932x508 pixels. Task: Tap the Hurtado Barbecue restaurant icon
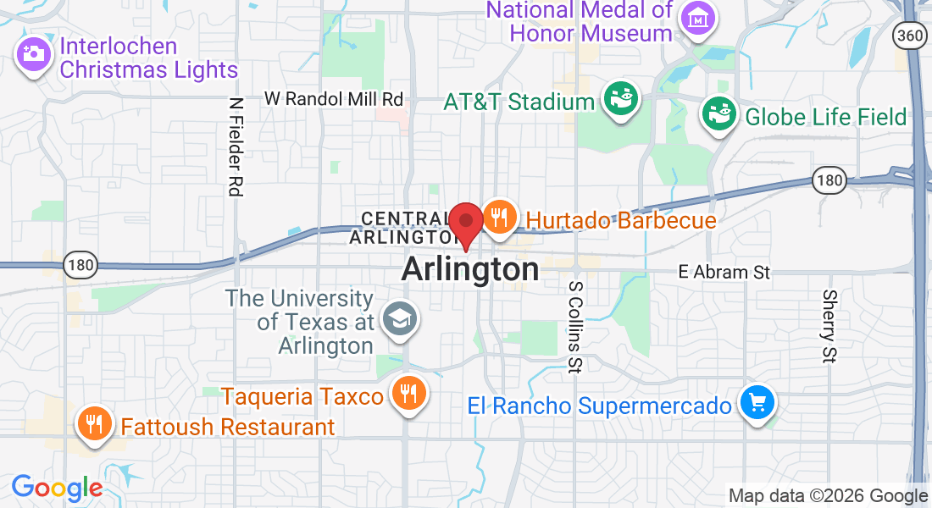[500, 217]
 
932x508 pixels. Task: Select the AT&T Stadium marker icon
[619, 99]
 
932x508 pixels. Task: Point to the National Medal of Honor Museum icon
[697, 16]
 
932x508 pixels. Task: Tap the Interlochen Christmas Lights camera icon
[34, 54]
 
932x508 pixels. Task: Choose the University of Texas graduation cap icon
[396, 319]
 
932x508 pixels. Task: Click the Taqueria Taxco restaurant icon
[408, 392]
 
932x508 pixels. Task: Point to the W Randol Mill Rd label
[334, 99]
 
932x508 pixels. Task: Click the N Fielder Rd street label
[236, 146]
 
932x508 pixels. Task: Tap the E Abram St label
[724, 273]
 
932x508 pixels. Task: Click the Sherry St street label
[829, 327]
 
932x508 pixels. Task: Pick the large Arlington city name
[469, 269]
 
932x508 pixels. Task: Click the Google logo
[57, 488]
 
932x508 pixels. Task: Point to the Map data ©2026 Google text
[829, 496]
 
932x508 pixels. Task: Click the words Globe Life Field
[826, 117]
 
